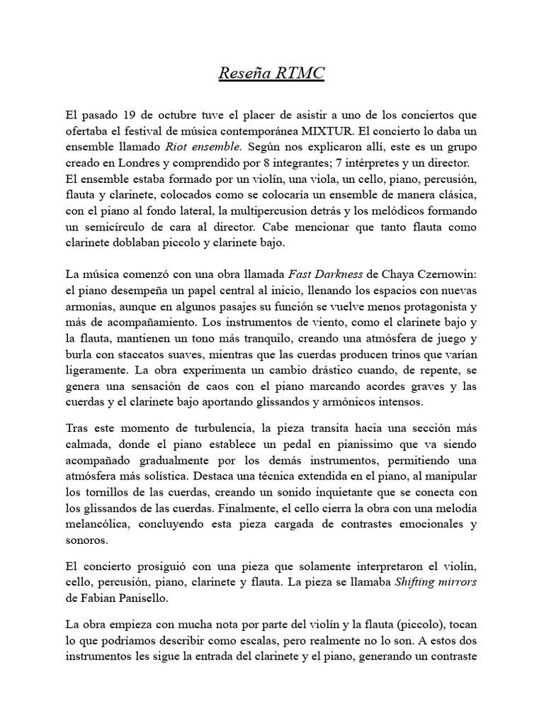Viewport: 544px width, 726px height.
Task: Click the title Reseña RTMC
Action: pyautogui.click(x=271, y=74)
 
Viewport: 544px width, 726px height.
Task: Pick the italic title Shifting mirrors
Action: pyautogui.click(x=437, y=581)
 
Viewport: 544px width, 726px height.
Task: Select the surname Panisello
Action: pyautogui.click(x=147, y=597)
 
